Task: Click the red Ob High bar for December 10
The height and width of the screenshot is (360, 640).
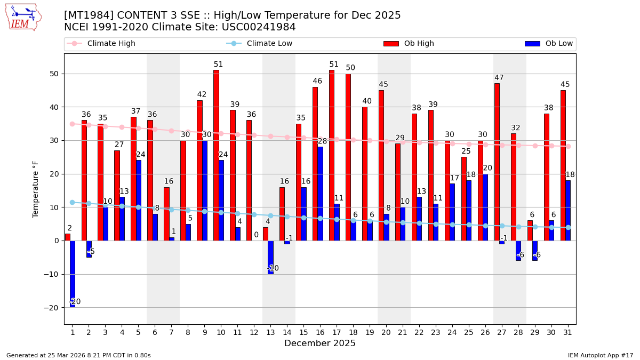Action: tap(216, 155)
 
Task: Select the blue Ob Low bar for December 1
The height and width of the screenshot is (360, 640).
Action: tap(73, 274)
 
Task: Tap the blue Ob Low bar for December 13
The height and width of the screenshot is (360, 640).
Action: tap(270, 257)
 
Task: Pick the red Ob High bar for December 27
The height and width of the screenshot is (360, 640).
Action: tap(497, 162)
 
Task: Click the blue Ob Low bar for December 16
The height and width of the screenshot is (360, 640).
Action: tap(320, 194)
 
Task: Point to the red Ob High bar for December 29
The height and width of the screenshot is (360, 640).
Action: tap(530, 230)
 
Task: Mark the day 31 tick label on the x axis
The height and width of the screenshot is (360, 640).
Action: tap(568, 332)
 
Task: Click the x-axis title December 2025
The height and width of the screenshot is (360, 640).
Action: tap(320, 343)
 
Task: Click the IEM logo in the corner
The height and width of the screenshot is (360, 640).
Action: tap(23, 17)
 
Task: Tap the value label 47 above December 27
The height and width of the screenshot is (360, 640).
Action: tap(499, 78)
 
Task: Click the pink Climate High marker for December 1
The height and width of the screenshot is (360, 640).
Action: tap(72, 124)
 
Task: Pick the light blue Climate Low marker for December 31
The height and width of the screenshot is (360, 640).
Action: tap(568, 227)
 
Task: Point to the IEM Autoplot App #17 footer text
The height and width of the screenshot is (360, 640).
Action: tap(600, 355)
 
